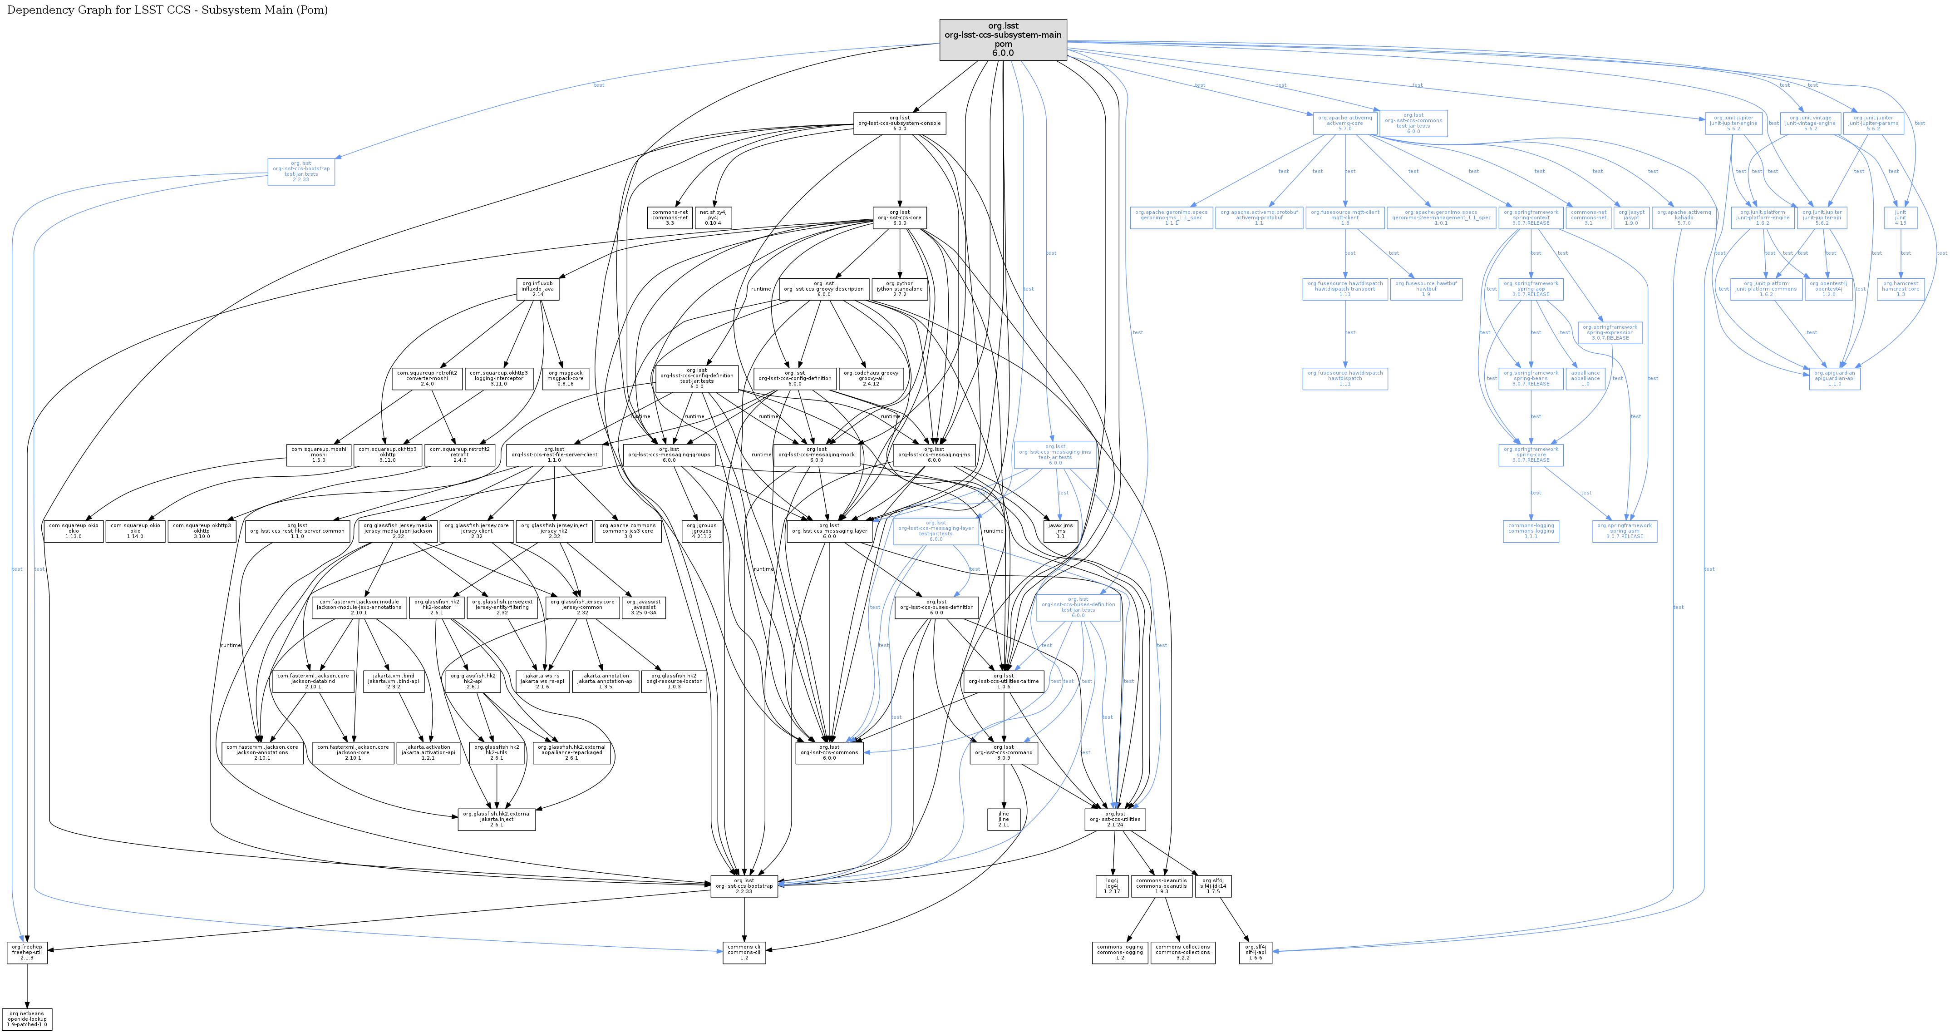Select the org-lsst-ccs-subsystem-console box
pyautogui.click(x=899, y=124)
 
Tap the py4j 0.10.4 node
pyautogui.click(x=713, y=218)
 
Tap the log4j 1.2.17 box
pyautogui.click(x=1111, y=886)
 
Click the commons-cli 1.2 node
pyautogui.click(x=744, y=953)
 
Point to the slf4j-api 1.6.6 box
pyautogui.click(x=1255, y=953)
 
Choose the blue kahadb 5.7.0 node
pyautogui.click(x=1684, y=218)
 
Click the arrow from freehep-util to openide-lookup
pyautogui.click(x=27, y=986)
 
